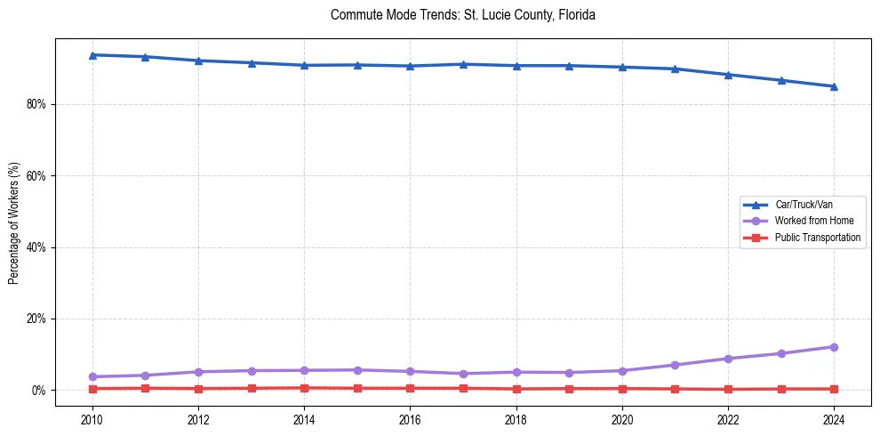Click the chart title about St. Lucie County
[461, 15]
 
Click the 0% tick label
[39, 391]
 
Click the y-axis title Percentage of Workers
[14, 222]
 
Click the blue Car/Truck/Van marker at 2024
[834, 86]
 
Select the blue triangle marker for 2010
[92, 55]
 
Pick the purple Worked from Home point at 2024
[834, 347]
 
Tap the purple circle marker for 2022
[728, 359]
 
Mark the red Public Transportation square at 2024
[834, 389]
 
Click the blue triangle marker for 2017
[463, 64]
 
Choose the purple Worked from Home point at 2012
[198, 372]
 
